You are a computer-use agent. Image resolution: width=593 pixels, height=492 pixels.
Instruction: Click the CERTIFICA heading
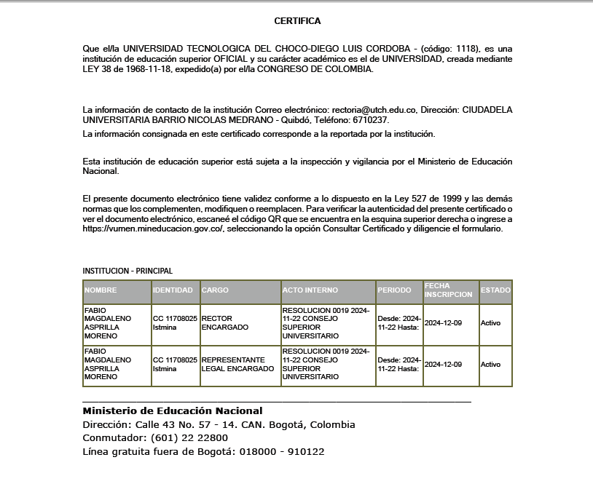(296, 21)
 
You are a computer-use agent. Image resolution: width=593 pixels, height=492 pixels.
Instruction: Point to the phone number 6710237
(370, 120)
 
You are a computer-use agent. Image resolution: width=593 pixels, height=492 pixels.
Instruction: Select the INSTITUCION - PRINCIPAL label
(127, 271)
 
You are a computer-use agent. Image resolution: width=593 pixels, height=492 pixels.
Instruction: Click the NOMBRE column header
(101, 290)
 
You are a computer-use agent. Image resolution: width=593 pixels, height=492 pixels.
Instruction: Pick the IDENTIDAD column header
(173, 290)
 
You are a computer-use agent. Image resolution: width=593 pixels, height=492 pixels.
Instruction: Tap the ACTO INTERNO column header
(310, 290)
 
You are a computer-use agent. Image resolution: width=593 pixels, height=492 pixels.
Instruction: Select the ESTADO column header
(495, 290)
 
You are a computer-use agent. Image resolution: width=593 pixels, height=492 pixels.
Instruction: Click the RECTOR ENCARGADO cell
(225, 323)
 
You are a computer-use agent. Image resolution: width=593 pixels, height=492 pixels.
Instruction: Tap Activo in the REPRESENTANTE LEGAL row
(490, 365)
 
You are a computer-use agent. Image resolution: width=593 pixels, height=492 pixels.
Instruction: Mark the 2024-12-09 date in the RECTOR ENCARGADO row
(443, 323)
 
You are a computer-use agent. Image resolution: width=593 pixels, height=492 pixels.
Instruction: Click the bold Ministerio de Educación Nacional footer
(173, 411)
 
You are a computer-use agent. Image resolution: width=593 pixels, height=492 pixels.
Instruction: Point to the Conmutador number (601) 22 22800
(189, 438)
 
